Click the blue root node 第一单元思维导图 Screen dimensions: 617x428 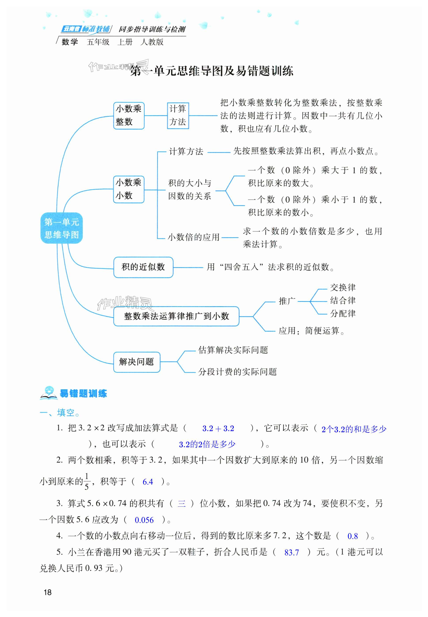(x=61, y=228)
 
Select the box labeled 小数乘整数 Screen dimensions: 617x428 (x=129, y=115)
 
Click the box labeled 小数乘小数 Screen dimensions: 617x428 (x=129, y=189)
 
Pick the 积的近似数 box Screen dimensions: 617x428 (x=143, y=267)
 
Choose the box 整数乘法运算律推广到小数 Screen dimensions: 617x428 (x=176, y=316)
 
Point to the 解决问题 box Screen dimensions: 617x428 (x=136, y=362)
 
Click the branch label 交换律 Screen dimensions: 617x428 (x=343, y=288)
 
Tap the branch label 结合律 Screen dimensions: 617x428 (x=343, y=300)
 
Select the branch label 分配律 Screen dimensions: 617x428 (x=343, y=313)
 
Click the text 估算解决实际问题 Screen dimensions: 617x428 (x=233, y=350)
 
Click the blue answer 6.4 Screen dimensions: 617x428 (x=148, y=482)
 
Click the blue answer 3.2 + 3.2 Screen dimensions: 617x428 (x=218, y=428)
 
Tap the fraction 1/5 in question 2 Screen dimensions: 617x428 (x=86, y=482)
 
